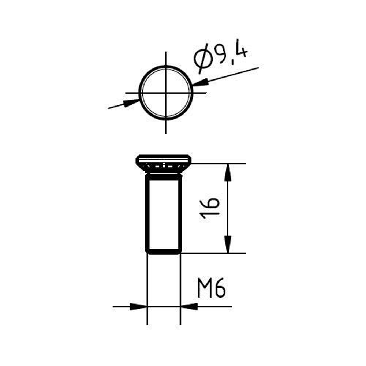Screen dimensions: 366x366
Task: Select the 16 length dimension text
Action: tap(210, 208)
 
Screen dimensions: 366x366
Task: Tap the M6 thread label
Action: tap(212, 288)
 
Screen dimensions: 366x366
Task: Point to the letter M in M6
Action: tap(205, 288)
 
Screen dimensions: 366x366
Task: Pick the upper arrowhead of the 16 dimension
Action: tap(228, 172)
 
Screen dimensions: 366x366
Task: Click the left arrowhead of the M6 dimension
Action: tap(138, 306)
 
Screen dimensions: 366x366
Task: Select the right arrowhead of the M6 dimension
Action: tap(189, 306)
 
